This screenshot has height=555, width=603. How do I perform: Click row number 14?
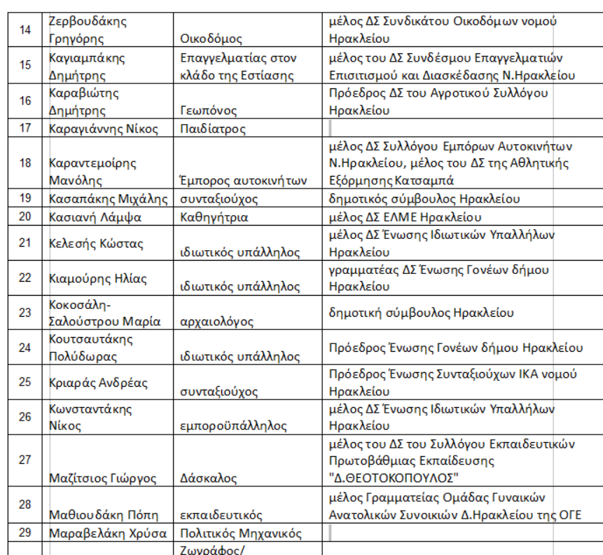click(x=25, y=30)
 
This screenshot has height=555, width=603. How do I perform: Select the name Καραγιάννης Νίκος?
click(x=103, y=128)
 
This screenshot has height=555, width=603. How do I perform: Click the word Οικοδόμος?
click(x=211, y=39)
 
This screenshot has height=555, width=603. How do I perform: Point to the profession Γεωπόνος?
click(x=209, y=111)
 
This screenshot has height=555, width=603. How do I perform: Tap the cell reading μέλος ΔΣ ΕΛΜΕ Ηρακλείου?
click(x=406, y=217)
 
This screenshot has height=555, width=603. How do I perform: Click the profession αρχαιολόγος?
click(x=217, y=322)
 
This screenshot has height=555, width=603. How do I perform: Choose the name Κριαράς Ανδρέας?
click(x=98, y=383)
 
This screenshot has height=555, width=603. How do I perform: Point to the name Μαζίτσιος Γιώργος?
click(x=104, y=479)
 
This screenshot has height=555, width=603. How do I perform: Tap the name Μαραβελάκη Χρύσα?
click(x=108, y=533)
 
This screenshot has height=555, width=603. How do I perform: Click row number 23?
click(x=25, y=313)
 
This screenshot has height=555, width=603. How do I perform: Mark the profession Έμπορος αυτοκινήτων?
click(x=244, y=180)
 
